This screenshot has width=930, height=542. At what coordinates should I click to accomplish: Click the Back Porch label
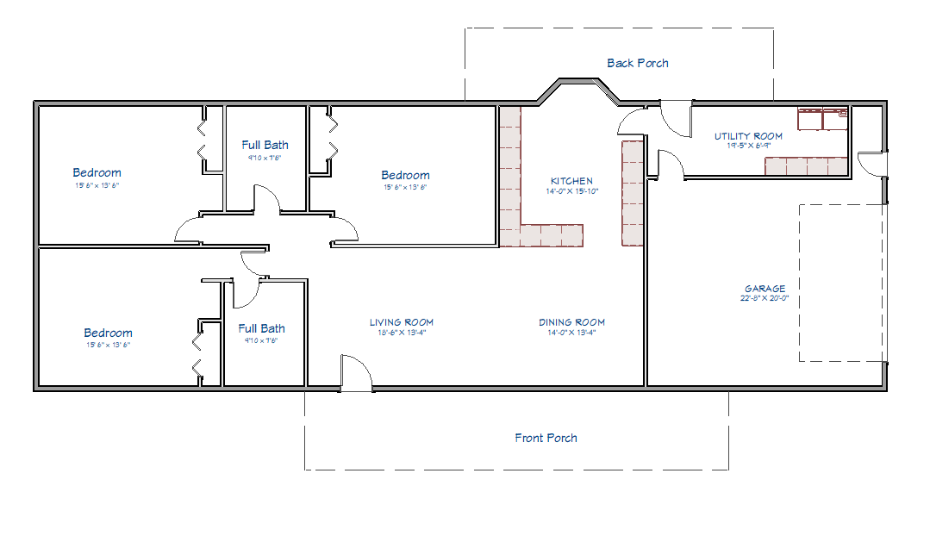[x=637, y=63]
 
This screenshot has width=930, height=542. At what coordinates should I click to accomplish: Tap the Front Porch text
[x=546, y=438]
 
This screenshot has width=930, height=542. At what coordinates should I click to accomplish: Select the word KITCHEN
[x=571, y=181]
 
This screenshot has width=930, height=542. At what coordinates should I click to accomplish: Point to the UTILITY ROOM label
[x=748, y=136]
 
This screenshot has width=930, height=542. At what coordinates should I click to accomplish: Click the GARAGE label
[x=765, y=289]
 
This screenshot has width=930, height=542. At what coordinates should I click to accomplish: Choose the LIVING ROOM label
[x=402, y=322]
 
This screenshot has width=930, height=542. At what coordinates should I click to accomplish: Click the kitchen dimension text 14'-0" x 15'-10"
[x=571, y=191]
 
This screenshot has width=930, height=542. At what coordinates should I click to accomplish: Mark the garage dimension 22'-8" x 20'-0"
[x=765, y=298]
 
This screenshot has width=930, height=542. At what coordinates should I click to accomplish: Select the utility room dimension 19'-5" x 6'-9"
[x=748, y=146]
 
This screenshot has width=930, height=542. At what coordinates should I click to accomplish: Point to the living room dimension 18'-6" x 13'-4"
[x=402, y=333]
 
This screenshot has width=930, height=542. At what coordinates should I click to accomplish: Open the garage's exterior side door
[x=872, y=165]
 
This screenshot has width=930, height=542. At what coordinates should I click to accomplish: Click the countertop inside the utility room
[x=807, y=165]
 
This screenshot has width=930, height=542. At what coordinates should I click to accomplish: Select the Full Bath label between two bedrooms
[x=265, y=145]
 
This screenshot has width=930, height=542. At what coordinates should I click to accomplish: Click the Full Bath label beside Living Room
[x=261, y=328]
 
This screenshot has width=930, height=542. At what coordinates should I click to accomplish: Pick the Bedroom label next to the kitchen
[x=405, y=175]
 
